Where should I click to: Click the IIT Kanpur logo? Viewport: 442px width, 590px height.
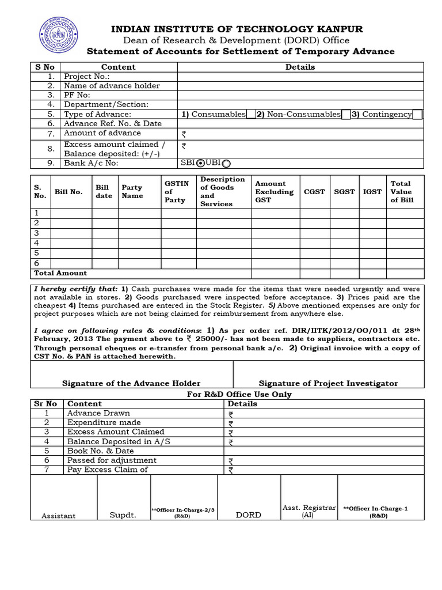56,36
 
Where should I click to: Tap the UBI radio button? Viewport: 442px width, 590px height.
226,164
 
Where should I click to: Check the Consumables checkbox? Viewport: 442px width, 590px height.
250,115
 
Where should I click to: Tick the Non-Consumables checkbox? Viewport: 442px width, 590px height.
346,115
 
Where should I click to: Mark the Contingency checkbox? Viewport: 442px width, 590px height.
417,115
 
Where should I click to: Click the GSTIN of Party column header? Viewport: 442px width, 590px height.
175,192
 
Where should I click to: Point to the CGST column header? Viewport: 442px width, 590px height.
314,192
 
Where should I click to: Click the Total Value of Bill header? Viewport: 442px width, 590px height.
401,192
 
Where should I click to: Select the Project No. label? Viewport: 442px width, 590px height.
86,77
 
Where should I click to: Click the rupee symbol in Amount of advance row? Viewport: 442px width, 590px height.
184,134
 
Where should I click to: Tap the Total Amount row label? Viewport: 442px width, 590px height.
61,273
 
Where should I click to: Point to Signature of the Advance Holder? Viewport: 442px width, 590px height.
131,383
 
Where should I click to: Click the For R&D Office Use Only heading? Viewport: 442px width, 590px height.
239,395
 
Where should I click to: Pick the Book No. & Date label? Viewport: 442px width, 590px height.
100,451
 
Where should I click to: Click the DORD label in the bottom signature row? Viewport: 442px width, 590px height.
249,515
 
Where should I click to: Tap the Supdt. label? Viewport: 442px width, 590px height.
123,515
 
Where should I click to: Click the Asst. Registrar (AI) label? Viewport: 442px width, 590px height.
309,511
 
